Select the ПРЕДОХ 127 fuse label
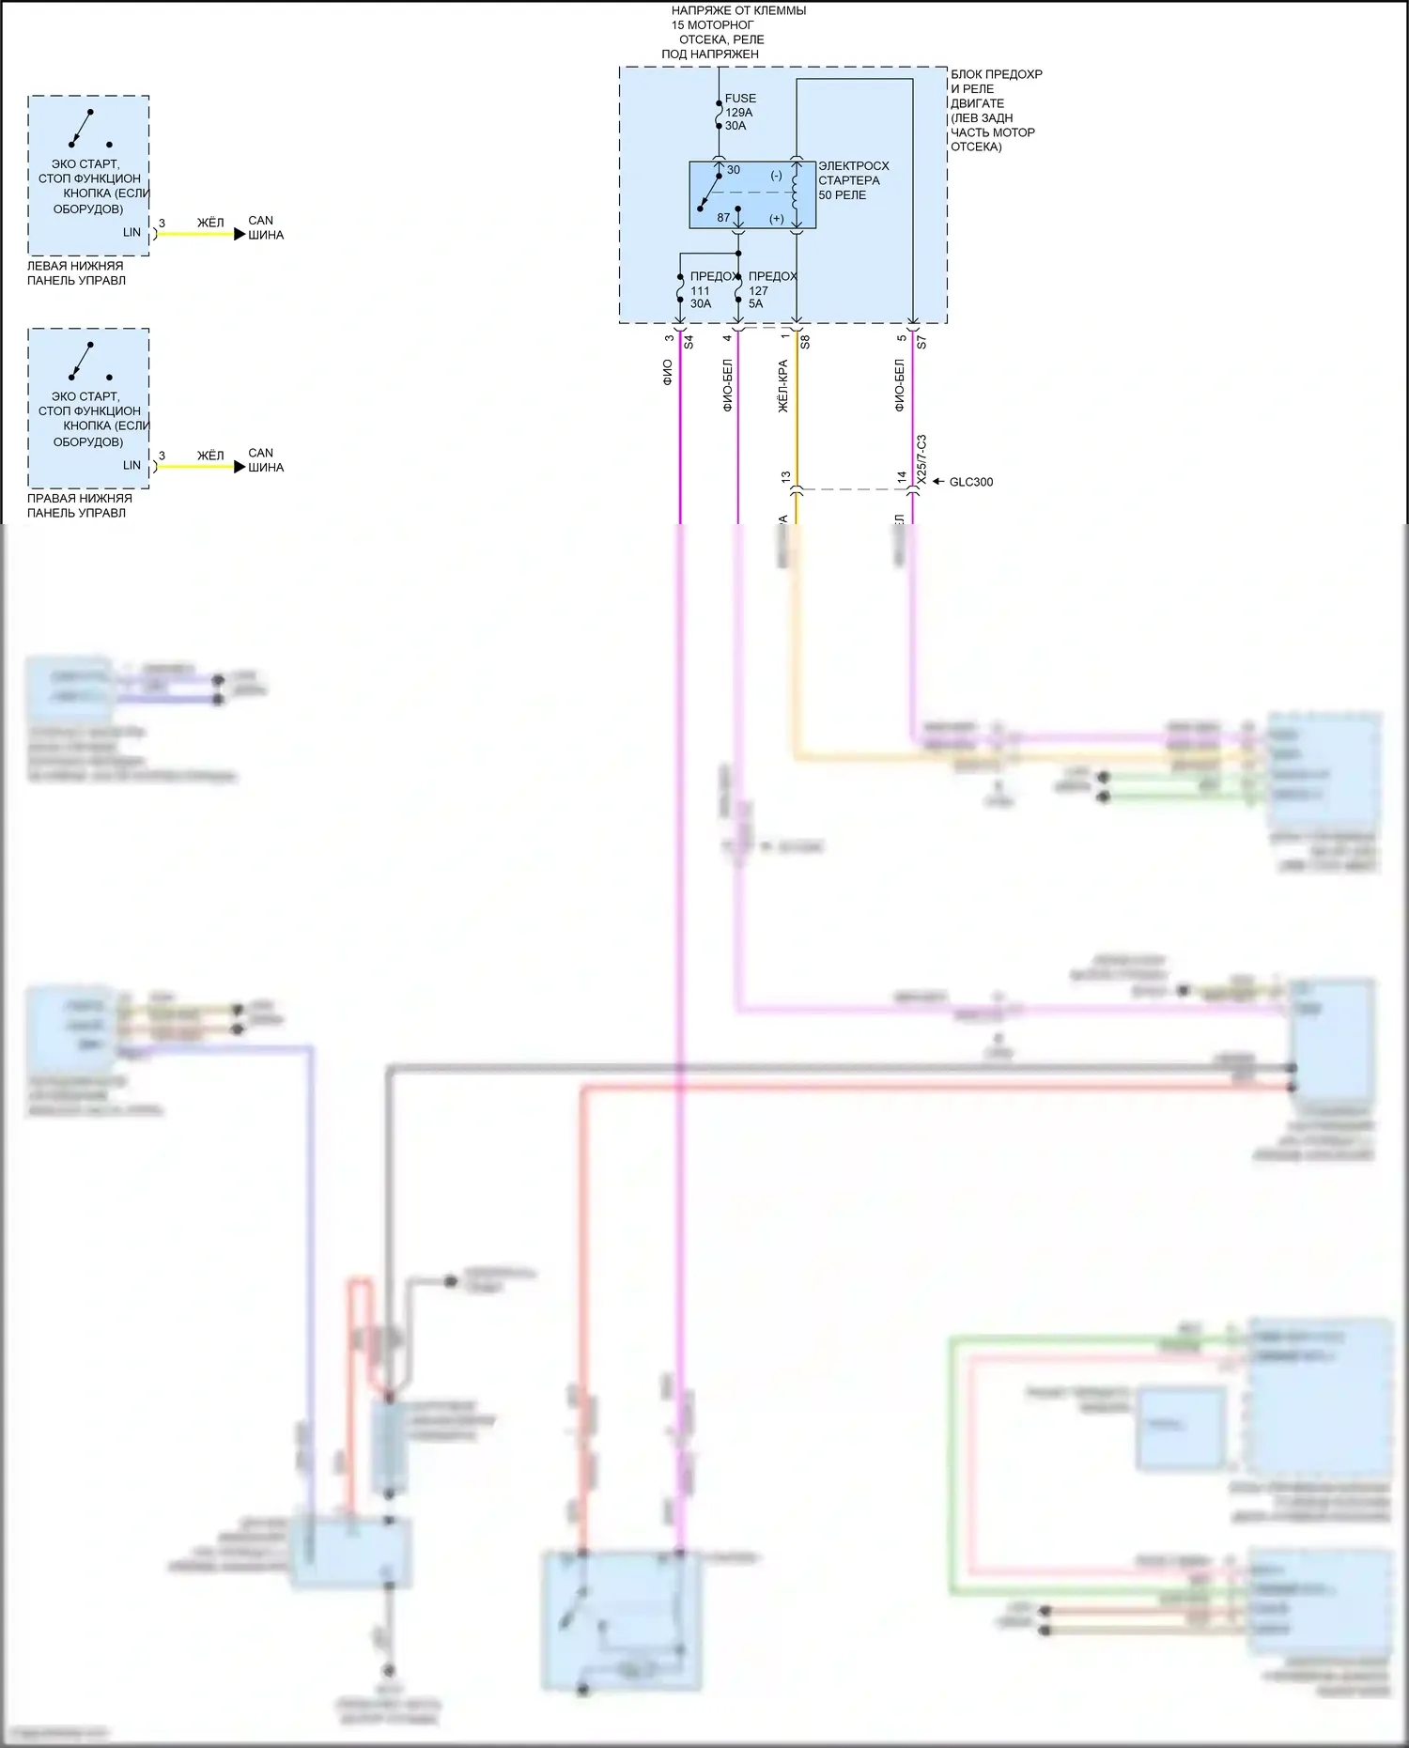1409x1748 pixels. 772,290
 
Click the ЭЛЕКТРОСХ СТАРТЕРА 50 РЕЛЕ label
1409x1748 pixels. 853,180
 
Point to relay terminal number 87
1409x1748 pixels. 723,218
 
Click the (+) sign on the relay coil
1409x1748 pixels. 777,219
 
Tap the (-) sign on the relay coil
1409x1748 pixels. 776,176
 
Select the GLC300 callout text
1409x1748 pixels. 970,482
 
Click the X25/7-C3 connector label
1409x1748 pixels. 921,459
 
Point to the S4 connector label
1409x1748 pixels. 689,342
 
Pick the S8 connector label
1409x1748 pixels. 805,342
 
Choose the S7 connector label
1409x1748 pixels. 921,342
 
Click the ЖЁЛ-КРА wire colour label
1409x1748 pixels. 783,386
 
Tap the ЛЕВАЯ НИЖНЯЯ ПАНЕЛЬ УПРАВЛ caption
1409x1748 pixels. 76,273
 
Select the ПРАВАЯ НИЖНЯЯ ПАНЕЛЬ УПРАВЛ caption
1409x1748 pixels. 79,505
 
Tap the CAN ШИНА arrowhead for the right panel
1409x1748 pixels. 240,467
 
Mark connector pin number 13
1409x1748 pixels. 786,477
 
